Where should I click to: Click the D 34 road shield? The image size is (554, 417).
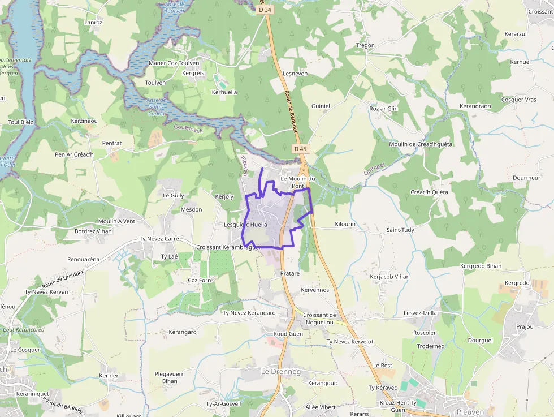(x=264, y=10)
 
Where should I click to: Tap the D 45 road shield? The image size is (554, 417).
(x=300, y=149)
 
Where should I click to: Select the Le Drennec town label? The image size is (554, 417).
(x=281, y=372)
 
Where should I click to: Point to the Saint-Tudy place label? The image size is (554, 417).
(x=400, y=230)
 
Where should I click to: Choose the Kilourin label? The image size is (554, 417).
(x=345, y=224)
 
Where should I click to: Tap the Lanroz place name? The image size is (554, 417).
(x=93, y=23)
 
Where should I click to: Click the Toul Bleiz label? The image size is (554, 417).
(x=21, y=122)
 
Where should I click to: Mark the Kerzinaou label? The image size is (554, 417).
(x=84, y=121)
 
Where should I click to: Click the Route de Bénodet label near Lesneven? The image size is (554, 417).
(x=291, y=112)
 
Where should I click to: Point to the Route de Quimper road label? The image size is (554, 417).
(x=63, y=278)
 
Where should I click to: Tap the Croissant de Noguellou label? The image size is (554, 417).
(x=319, y=319)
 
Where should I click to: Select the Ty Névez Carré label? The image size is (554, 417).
(x=159, y=239)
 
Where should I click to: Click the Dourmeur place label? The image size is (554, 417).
(x=526, y=178)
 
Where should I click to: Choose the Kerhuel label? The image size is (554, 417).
(x=520, y=62)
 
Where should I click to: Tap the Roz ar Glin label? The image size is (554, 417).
(x=383, y=109)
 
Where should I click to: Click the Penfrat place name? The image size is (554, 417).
(x=112, y=143)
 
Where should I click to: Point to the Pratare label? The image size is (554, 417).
(x=290, y=273)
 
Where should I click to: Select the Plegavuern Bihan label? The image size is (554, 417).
(x=170, y=377)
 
